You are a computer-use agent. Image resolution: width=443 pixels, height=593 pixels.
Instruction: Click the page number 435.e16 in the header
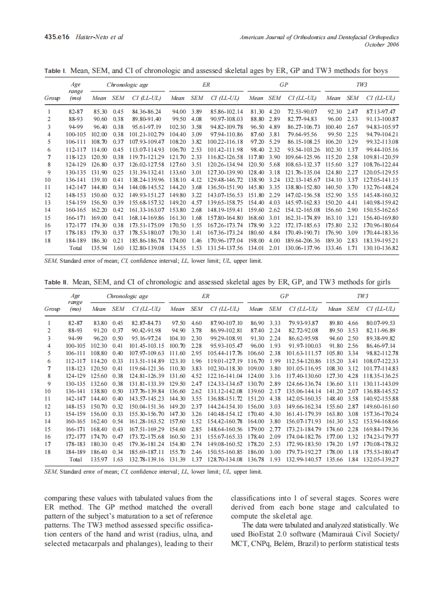tap(58, 38)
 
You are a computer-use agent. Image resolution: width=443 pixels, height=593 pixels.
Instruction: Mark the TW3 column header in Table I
tap(362, 85)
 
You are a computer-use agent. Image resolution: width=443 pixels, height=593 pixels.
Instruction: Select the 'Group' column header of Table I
tap(52, 98)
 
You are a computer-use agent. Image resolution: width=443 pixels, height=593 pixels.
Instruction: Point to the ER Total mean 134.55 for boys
tap(178, 248)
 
